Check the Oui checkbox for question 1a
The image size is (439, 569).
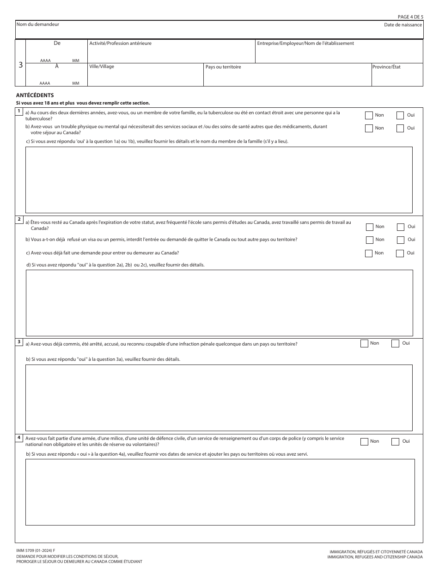click(400, 116)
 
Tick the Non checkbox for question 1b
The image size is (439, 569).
click(369, 129)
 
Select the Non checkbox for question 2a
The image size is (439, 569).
click(370, 227)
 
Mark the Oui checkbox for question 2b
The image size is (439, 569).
click(401, 240)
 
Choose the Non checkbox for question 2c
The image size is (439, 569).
click(369, 254)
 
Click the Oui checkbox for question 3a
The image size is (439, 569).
click(395, 344)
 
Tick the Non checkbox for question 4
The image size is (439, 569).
click(364, 442)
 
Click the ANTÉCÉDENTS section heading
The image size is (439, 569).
click(35, 95)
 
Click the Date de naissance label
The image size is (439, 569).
click(402, 25)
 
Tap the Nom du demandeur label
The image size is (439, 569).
click(38, 24)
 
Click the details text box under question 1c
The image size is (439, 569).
click(219, 179)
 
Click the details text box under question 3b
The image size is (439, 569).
click(219, 397)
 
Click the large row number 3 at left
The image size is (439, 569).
click(20, 65)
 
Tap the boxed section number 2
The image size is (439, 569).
click(19, 219)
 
